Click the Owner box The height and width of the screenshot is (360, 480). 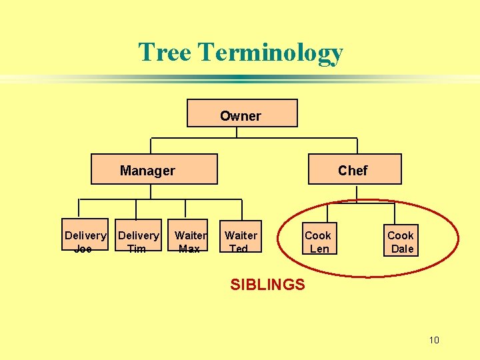pos(242,113)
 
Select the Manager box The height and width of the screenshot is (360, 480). pos(154,169)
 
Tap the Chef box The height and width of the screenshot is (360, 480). pos(355,169)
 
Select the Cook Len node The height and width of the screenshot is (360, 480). pos(318,241)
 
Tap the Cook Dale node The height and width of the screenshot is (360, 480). pos(401,241)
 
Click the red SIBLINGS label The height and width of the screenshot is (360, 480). pos(267,285)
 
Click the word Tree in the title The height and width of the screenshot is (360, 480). pos(165,52)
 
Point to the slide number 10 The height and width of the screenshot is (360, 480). pos(434,341)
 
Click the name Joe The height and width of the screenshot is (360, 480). pos(83,249)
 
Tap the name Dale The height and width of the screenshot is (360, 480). pos(403,249)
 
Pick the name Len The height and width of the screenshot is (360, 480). pos(319,249)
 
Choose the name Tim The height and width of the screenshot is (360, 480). pos(137,249)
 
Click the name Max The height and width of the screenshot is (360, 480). pos(189,249)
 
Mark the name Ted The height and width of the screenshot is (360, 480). pos(238,249)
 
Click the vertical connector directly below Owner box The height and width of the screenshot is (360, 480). pos(237,133)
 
